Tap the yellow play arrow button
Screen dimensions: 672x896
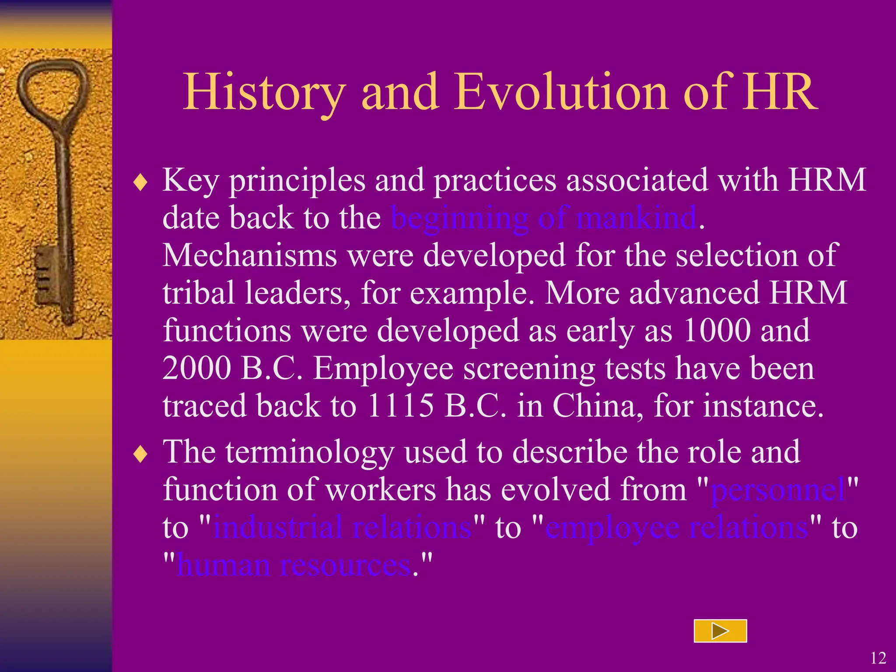720,631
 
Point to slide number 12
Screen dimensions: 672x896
878,658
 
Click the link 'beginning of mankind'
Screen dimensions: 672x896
544,217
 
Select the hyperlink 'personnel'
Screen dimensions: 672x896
777,490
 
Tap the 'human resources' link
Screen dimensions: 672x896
294,565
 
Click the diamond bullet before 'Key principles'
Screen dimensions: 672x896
141,182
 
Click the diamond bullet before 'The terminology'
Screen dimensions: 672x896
141,454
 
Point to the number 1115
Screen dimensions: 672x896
400,406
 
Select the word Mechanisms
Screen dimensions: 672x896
250,255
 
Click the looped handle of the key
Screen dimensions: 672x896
52,87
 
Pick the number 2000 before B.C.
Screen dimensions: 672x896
196,368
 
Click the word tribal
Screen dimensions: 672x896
199,293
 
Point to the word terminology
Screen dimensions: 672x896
310,452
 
